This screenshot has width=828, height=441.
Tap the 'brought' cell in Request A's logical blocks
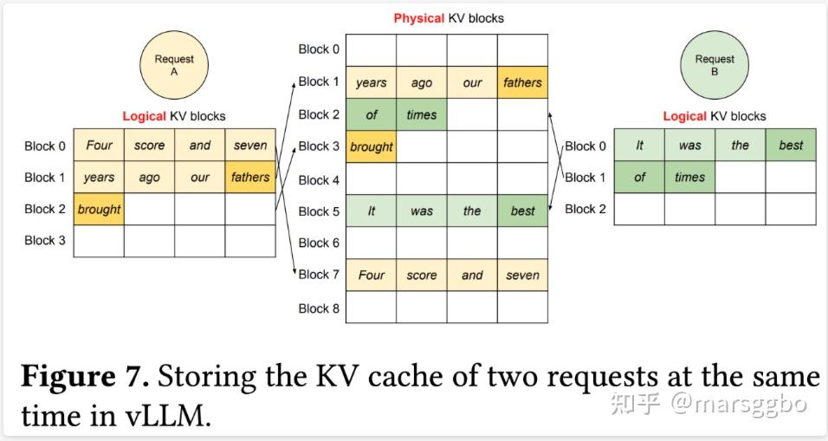(x=99, y=209)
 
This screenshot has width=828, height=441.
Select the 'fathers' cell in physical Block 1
(x=522, y=82)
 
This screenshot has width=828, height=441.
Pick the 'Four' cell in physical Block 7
(x=372, y=275)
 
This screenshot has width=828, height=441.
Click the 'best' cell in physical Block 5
(x=522, y=211)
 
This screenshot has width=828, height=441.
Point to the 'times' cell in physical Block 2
(x=422, y=114)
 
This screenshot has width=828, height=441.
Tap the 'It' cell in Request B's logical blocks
(x=639, y=146)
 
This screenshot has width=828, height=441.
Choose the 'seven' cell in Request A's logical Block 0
(x=250, y=146)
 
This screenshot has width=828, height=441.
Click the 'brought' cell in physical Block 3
(x=372, y=146)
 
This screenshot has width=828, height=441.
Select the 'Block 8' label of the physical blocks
(x=319, y=308)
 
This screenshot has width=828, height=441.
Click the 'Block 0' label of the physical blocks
(x=319, y=49)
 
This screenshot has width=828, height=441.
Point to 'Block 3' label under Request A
(x=45, y=240)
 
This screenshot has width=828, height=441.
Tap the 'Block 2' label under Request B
(x=585, y=209)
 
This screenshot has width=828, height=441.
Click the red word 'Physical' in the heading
(x=418, y=18)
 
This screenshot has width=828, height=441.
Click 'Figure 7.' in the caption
(x=85, y=377)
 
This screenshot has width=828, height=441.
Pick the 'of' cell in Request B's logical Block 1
(x=639, y=178)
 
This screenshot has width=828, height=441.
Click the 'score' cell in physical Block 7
(x=422, y=275)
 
